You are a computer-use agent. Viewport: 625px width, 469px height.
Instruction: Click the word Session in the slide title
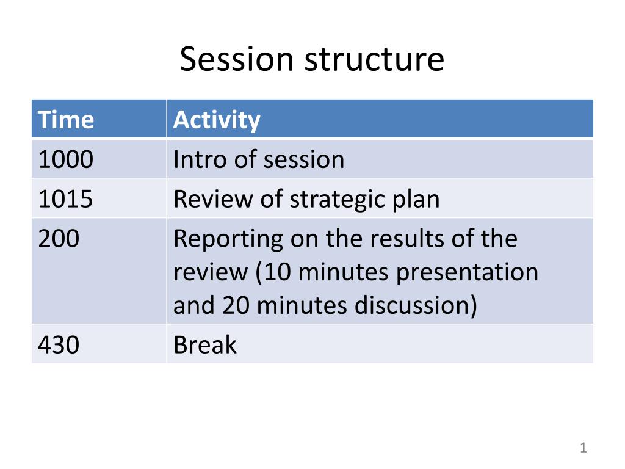point(237,59)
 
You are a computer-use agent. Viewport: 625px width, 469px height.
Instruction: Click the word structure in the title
point(374,60)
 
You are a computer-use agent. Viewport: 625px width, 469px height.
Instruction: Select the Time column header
point(66,119)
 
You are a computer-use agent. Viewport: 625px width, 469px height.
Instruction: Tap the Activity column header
point(217,120)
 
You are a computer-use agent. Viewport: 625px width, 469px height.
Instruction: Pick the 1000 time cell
point(66,159)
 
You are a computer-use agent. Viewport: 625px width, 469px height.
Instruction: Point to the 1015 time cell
point(66,198)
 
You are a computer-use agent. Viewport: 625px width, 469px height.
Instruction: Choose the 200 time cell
point(59,239)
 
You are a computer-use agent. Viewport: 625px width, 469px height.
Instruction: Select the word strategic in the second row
point(336,200)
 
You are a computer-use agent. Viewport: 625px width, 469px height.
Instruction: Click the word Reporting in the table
point(228,240)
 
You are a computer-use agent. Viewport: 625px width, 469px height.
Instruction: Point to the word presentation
point(467,274)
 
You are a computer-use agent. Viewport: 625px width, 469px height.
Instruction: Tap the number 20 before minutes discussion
point(235,305)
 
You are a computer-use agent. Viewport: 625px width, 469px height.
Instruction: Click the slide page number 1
point(583,448)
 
